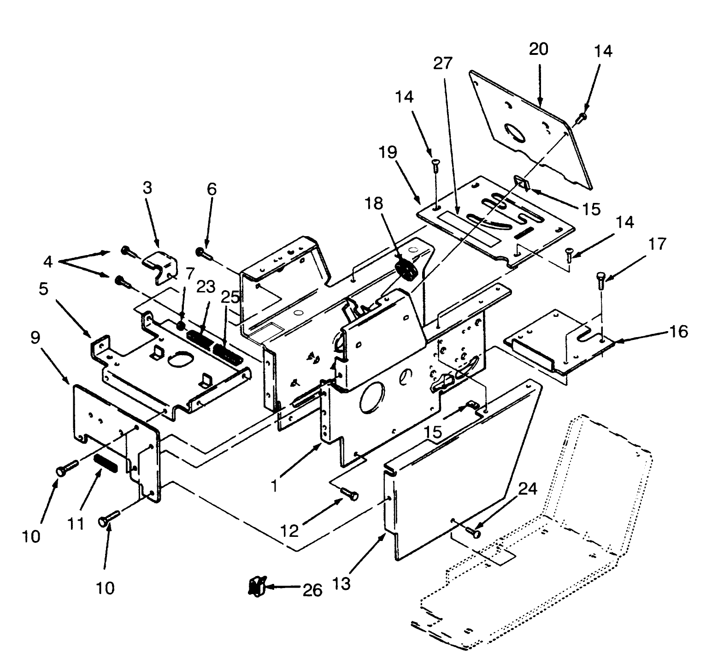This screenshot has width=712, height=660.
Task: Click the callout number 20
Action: [x=538, y=48]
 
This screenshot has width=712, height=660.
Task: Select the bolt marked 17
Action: [x=600, y=279]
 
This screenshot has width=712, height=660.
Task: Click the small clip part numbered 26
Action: [x=255, y=586]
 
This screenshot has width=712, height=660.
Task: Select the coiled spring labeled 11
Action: [x=106, y=462]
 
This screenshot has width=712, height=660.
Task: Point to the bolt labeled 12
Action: [x=350, y=494]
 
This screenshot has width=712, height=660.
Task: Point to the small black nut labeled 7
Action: [x=181, y=326]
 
